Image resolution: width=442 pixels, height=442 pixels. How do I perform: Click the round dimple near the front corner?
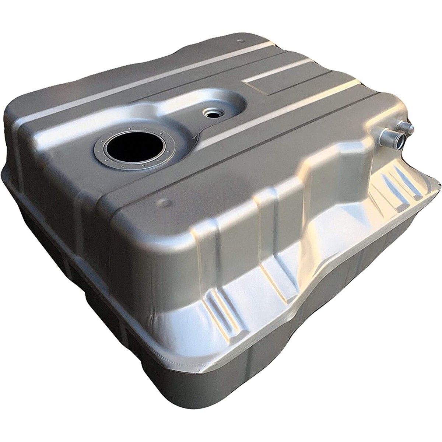click(x=162, y=202)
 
